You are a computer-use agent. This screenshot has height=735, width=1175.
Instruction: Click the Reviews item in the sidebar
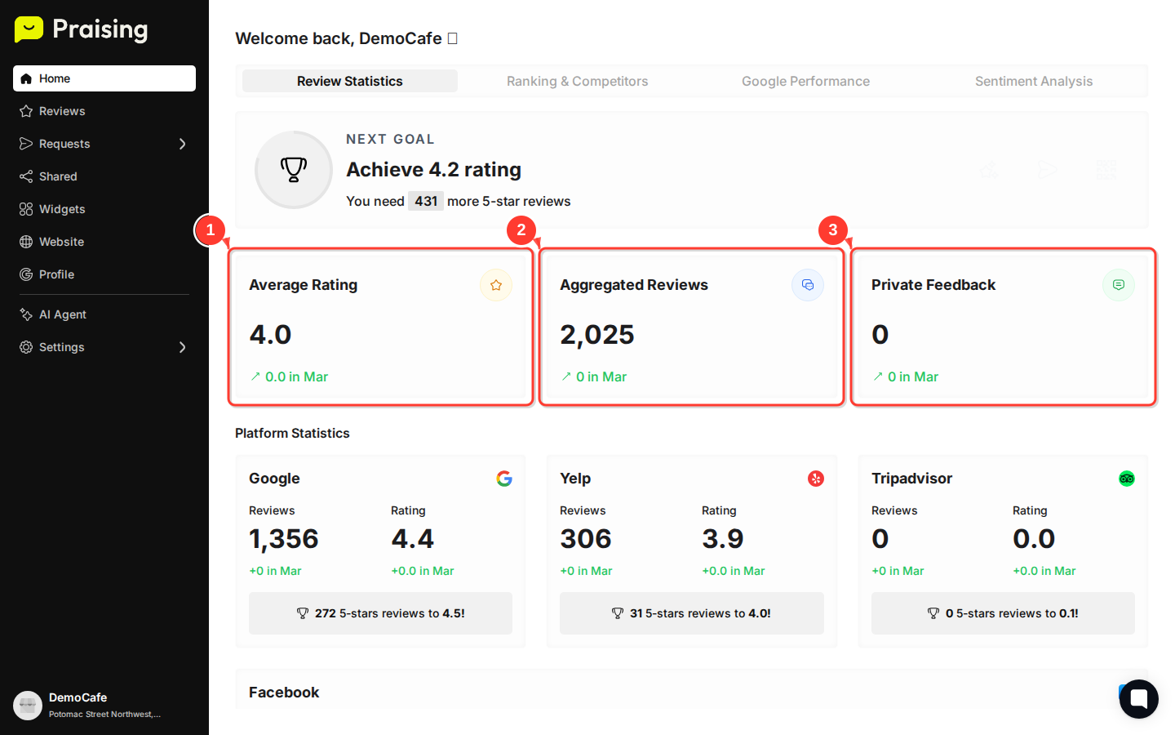tap(61, 111)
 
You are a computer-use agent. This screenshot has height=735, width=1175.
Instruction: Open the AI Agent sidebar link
tap(62, 314)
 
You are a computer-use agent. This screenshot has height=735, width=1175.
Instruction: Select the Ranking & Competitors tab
tap(577, 81)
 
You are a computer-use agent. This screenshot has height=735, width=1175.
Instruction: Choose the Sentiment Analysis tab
tap(1033, 81)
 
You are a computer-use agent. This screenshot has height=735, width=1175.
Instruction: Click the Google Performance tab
tap(805, 81)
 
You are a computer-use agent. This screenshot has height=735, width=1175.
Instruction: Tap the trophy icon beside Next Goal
tap(294, 170)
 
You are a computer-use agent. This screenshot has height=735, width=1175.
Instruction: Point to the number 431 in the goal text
tap(426, 201)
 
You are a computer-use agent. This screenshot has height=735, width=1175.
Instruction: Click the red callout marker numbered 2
tap(521, 230)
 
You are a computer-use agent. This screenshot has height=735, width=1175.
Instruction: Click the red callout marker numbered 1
tap(211, 230)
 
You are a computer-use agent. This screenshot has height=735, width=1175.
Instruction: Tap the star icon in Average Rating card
tap(496, 285)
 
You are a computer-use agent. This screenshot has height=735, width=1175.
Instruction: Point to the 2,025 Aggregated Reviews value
tap(597, 335)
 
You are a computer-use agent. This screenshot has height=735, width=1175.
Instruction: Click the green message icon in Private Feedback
tap(1119, 285)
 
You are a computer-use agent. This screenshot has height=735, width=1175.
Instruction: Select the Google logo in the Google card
tap(504, 479)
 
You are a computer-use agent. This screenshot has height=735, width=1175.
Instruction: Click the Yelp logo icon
tap(816, 479)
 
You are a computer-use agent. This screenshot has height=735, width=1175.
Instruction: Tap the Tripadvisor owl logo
tap(1127, 479)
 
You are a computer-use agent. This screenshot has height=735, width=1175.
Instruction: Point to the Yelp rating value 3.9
tap(723, 539)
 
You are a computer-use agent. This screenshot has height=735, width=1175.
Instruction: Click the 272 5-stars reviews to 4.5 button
tap(380, 613)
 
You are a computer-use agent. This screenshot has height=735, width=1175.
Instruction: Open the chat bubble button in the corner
tap(1139, 699)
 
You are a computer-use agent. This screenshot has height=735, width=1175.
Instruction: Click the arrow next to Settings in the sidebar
tap(182, 347)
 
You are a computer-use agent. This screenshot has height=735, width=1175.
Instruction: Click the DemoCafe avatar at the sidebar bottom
tap(28, 705)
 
